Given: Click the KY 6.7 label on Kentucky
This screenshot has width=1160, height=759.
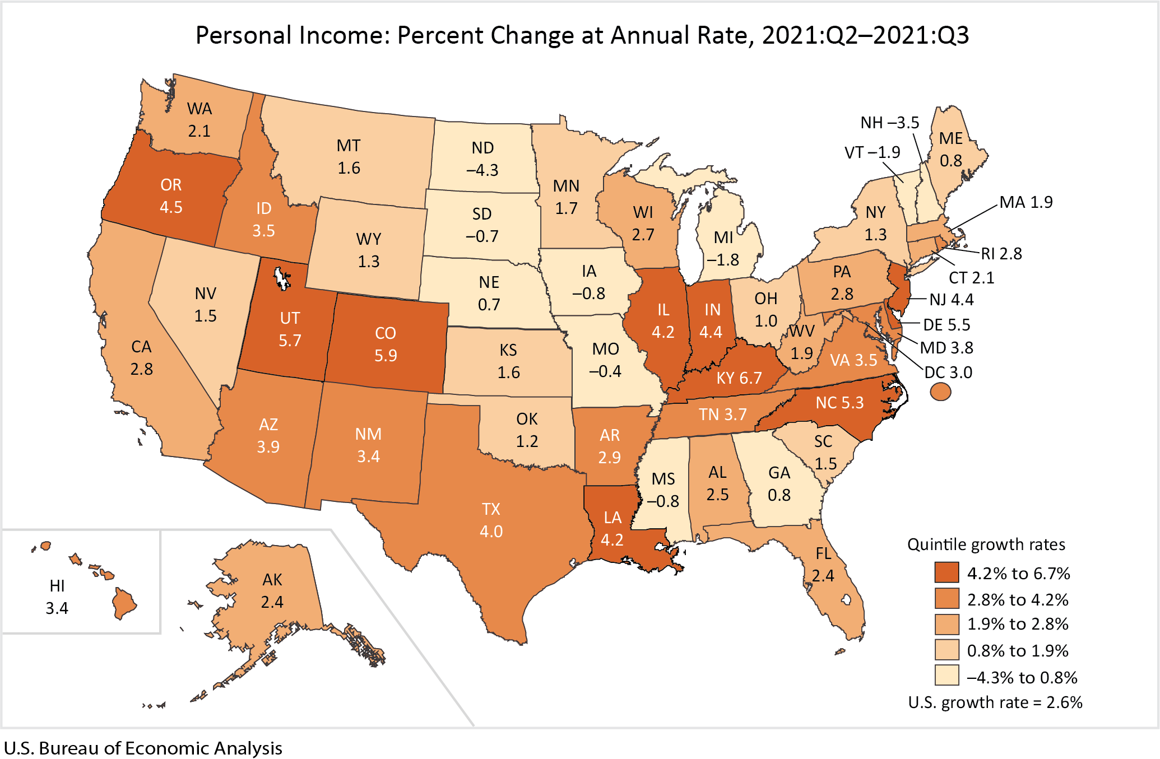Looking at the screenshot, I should [x=739, y=378].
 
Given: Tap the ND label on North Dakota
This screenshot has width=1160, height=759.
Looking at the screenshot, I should [x=482, y=148].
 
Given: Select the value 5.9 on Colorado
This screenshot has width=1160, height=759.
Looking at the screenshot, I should [x=386, y=356].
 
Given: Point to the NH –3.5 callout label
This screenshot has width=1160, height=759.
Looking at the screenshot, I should [x=889, y=123].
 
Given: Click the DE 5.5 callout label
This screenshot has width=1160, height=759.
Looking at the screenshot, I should [x=946, y=325].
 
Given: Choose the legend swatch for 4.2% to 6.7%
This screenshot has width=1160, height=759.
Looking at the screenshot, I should [x=946, y=572].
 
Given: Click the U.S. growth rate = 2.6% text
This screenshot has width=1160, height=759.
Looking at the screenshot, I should [x=995, y=702].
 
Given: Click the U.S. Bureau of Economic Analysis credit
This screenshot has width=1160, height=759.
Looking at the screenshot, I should [x=143, y=748].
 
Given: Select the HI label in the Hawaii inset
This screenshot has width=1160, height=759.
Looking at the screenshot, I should [x=57, y=586].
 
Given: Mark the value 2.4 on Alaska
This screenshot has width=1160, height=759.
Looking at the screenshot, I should [x=272, y=602].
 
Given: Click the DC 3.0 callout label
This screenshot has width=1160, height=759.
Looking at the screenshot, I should [x=948, y=372].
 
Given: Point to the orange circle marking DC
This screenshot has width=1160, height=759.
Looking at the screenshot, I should [x=940, y=392].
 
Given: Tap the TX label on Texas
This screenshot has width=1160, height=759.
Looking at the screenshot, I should [x=491, y=509].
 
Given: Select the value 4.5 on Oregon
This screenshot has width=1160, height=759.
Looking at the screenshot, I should [x=171, y=207].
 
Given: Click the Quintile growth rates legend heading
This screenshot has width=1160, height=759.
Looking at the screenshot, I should [x=986, y=544].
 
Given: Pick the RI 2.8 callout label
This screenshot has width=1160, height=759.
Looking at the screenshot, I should [x=1001, y=254].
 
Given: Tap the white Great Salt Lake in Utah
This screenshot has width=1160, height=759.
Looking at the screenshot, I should [x=281, y=278].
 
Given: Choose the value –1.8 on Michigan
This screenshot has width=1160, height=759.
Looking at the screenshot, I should [x=722, y=260].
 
